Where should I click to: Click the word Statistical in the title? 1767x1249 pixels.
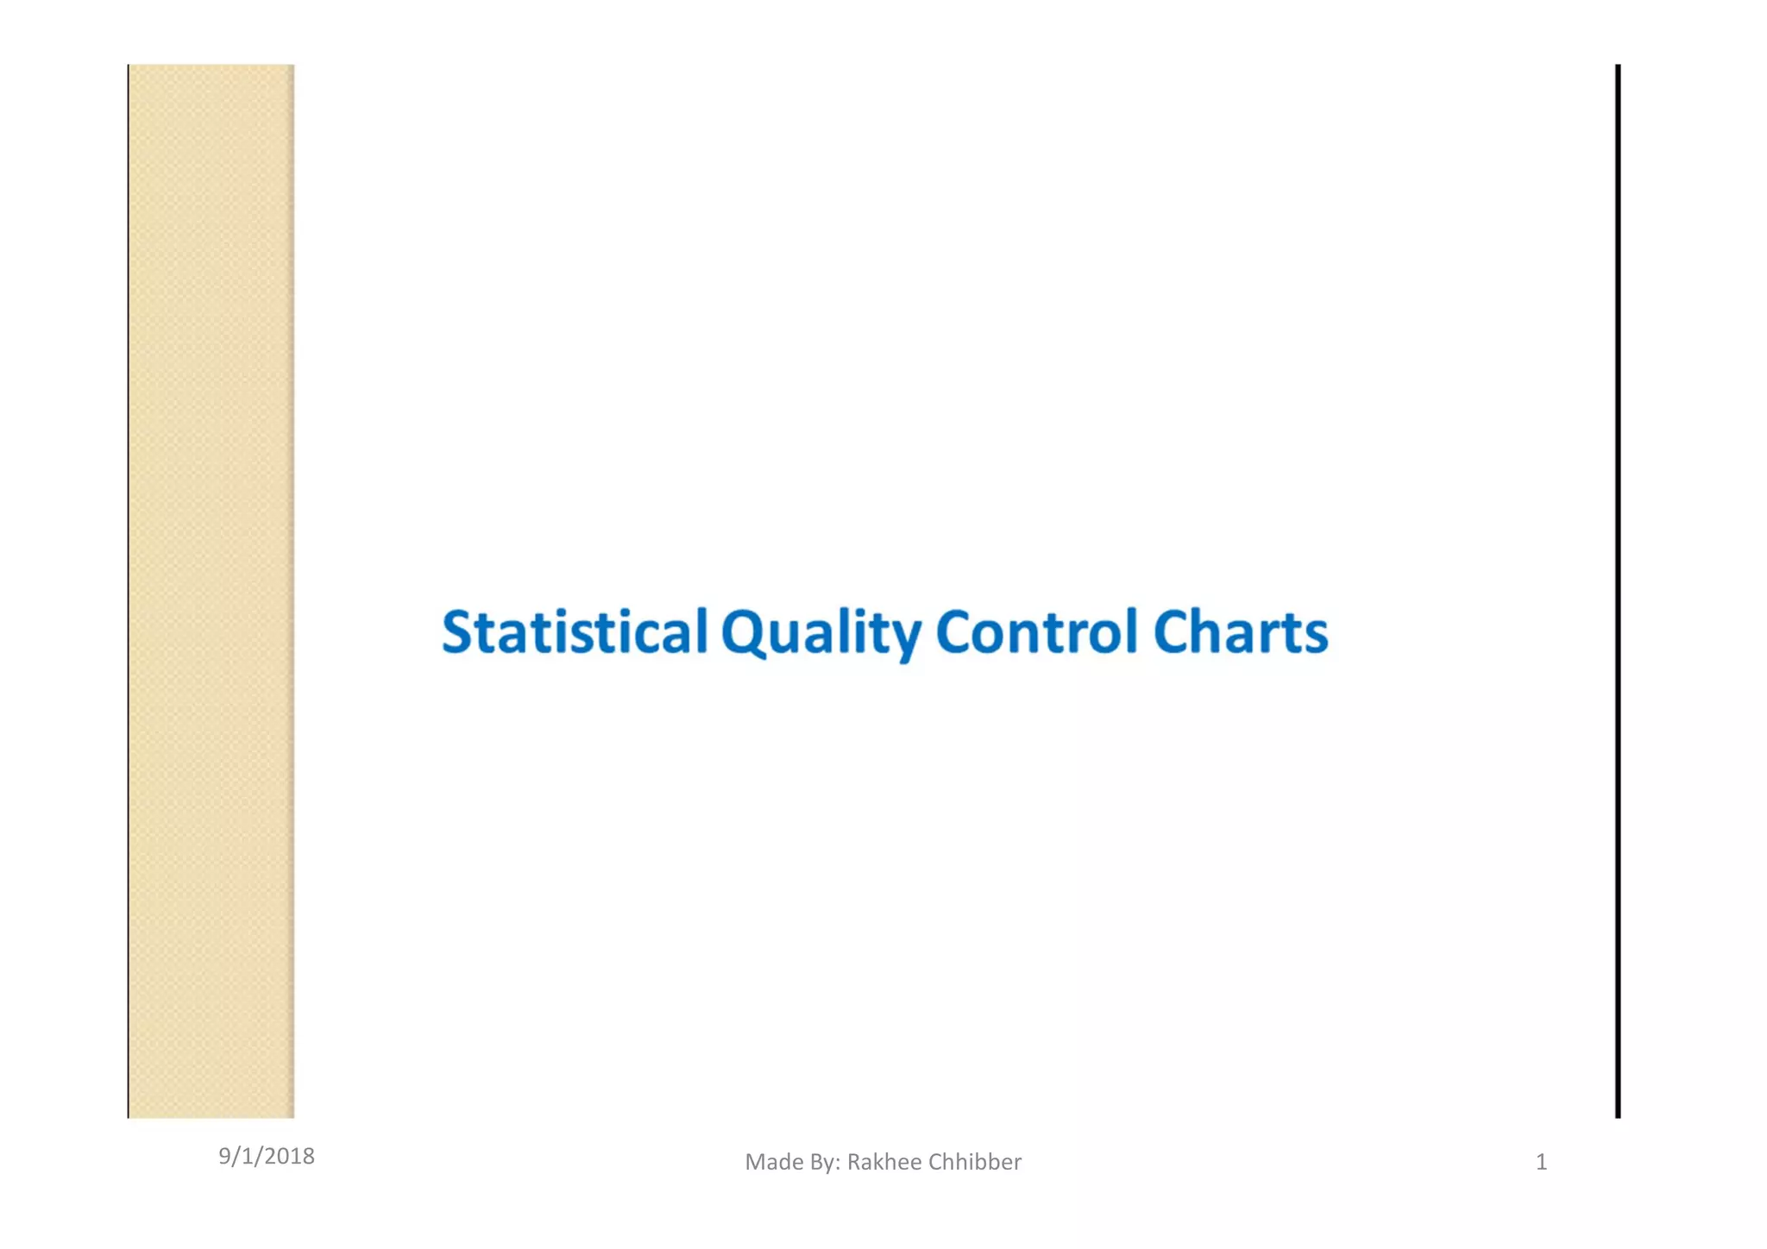coord(575,632)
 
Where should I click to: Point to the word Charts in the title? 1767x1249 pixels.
coord(1240,632)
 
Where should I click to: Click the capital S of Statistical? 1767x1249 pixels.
coord(458,632)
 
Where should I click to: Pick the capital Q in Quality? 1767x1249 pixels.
coord(745,634)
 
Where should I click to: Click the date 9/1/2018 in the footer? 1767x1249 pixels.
coord(266,1157)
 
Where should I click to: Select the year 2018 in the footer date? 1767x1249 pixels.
coord(291,1157)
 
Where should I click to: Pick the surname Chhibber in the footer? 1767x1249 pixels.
coord(975,1163)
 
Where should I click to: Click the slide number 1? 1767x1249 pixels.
coord(1541,1163)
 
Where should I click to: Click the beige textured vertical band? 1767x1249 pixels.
coord(211,591)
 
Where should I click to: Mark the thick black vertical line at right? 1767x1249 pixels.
coord(1618,591)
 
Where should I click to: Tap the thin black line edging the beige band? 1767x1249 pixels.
coord(129,591)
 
